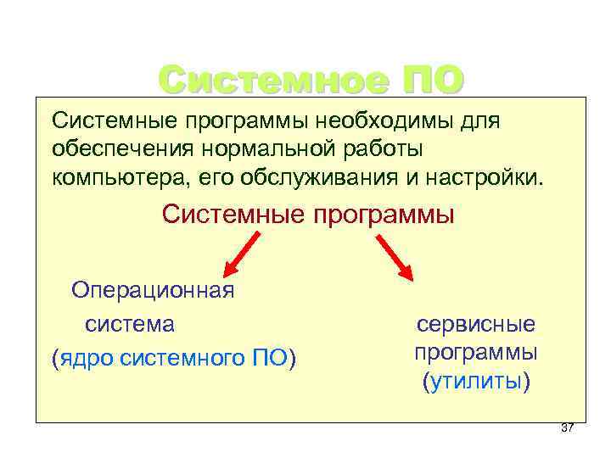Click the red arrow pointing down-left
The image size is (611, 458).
[241, 254]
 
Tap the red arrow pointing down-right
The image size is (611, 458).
[393, 257]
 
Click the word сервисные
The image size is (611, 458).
[475, 324]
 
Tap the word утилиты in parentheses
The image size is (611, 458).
[475, 382]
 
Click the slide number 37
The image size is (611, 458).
[568, 427]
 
